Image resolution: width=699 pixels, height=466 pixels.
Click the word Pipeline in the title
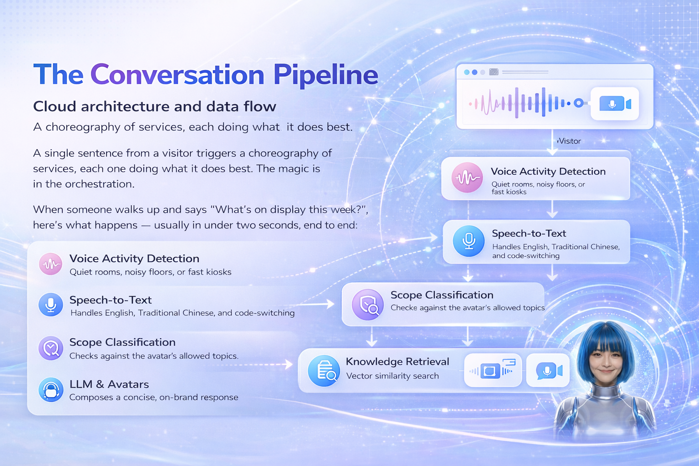(325, 75)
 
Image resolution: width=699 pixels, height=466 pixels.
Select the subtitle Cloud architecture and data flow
(154, 106)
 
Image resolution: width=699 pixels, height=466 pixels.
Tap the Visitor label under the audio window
(569, 141)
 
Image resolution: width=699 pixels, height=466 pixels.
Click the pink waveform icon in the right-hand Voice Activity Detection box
(467, 177)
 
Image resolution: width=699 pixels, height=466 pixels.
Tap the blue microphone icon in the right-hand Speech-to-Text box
(468, 241)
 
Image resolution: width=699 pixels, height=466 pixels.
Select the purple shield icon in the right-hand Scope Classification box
(368, 304)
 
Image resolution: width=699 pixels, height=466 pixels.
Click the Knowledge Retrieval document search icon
(324, 371)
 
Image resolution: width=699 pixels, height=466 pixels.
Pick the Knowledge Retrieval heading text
(397, 361)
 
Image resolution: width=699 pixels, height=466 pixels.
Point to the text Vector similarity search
(392, 376)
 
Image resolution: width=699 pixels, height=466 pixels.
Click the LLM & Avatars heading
(109, 384)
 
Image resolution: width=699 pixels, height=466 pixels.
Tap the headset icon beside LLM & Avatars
(51, 390)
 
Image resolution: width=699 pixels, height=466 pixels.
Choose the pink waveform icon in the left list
(51, 264)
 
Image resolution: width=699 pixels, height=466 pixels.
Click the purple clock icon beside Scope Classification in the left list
(51, 348)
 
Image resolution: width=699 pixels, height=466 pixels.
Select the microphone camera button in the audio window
(615, 104)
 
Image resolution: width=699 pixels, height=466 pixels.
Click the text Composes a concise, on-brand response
(153, 397)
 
